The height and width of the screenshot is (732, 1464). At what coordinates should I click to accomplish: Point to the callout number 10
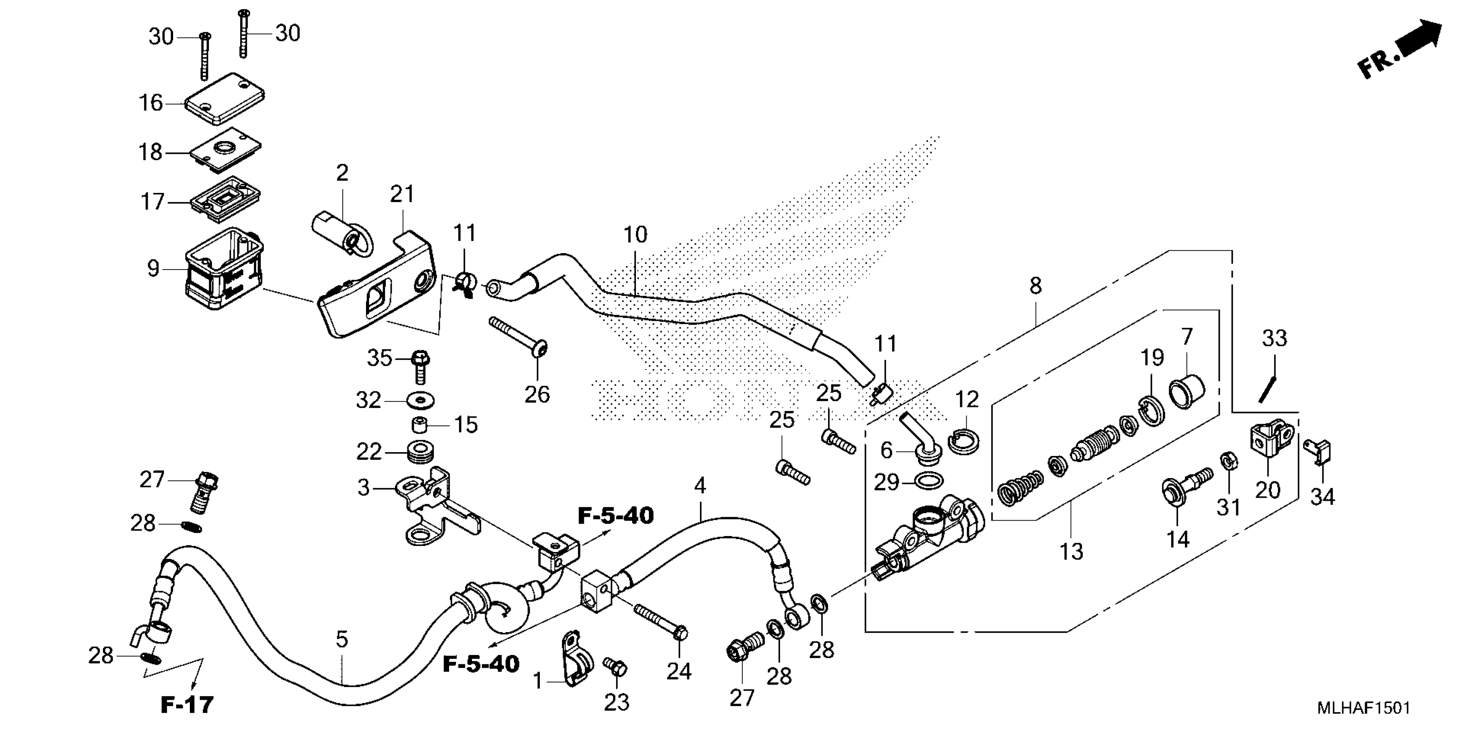(636, 234)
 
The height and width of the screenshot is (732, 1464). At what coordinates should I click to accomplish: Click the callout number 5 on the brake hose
(341, 639)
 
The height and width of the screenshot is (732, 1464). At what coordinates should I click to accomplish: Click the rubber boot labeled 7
(1187, 391)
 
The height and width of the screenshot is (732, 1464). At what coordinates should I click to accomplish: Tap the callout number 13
(1072, 551)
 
